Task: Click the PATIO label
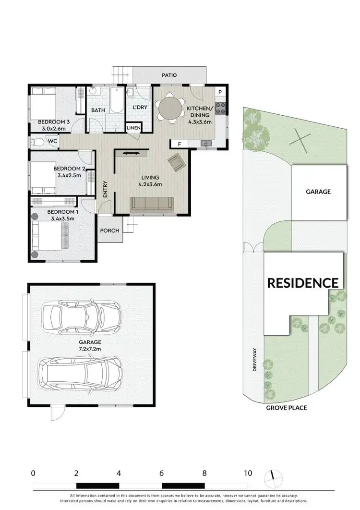(x=169, y=75)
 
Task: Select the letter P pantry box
(x=220, y=92)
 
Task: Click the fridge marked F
(x=179, y=144)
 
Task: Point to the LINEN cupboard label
(x=133, y=128)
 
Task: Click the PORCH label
(x=109, y=231)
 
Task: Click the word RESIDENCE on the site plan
(x=302, y=283)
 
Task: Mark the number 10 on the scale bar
(x=247, y=473)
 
